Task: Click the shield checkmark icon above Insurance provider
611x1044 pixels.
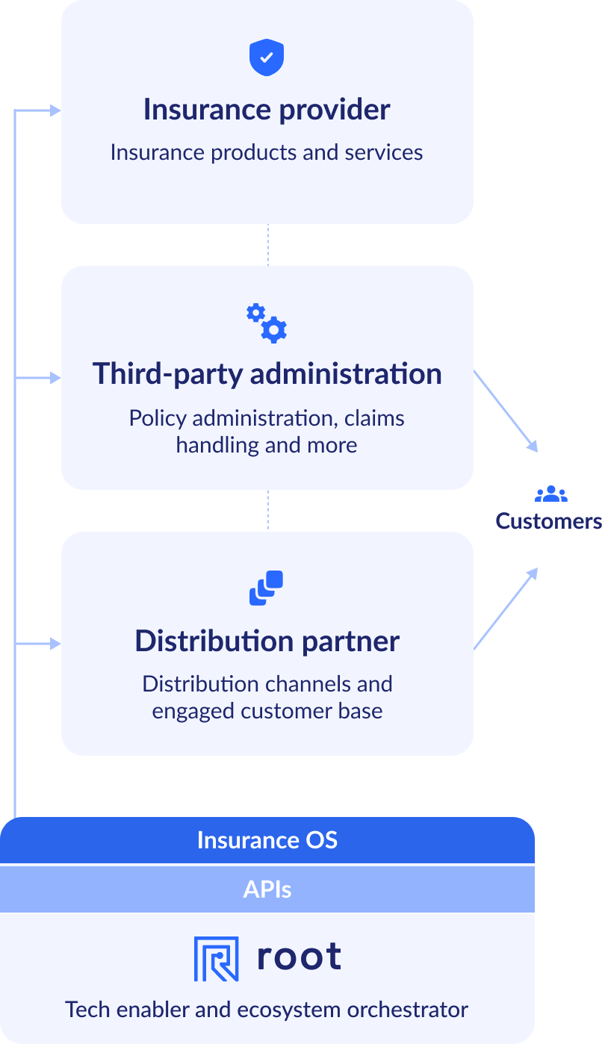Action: (x=267, y=58)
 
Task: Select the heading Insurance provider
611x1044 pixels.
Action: (x=267, y=110)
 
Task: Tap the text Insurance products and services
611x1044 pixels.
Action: (x=267, y=152)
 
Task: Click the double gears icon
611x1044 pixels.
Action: (x=267, y=323)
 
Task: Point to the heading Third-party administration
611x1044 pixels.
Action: (x=267, y=373)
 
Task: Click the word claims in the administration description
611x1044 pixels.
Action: (x=374, y=418)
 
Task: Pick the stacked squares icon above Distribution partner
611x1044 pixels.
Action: (x=267, y=588)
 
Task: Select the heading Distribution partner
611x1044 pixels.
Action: (x=267, y=641)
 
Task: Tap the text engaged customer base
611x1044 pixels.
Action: (x=267, y=711)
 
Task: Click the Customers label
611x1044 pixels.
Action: (x=548, y=521)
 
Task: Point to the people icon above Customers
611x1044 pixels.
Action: (x=550, y=494)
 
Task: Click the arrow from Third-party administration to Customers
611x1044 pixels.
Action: (x=506, y=411)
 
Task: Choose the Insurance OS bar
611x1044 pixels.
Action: (x=267, y=840)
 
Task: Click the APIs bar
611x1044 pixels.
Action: (x=267, y=889)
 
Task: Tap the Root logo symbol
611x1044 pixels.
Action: (x=216, y=958)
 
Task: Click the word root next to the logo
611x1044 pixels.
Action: (x=299, y=957)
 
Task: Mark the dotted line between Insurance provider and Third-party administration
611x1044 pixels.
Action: (x=268, y=245)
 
